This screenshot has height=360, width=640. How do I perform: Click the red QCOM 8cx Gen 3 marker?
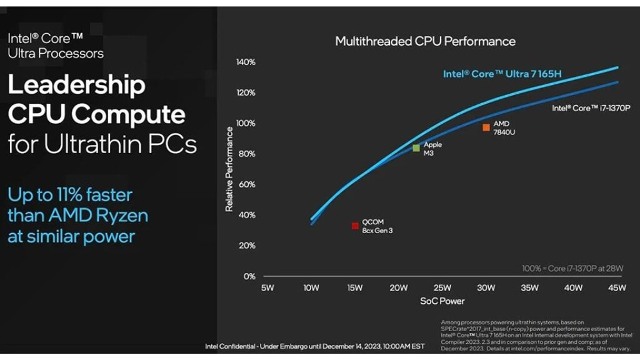coord(355,226)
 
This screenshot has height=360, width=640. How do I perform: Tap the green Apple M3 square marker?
coord(416,148)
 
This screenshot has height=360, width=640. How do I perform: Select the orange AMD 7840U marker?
coord(486,127)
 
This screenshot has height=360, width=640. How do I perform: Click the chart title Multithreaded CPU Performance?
coord(425,41)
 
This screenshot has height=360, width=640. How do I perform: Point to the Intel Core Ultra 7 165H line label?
coord(502,74)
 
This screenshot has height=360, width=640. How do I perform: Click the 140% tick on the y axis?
coord(246,62)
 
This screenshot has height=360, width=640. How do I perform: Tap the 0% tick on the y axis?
coord(249,276)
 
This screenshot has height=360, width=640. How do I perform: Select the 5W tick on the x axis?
coord(267,288)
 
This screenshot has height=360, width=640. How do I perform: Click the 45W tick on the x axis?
coord(617,288)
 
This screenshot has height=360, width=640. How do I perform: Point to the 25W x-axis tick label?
coord(442,288)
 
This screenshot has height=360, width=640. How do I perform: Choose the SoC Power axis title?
coord(442,301)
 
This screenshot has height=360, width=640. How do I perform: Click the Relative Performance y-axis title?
coord(229,169)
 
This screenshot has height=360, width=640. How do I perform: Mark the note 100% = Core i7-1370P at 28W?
coord(573,269)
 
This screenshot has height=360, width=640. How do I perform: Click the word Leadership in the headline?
coord(76,85)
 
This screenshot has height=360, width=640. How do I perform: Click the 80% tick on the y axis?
coord(246,154)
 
